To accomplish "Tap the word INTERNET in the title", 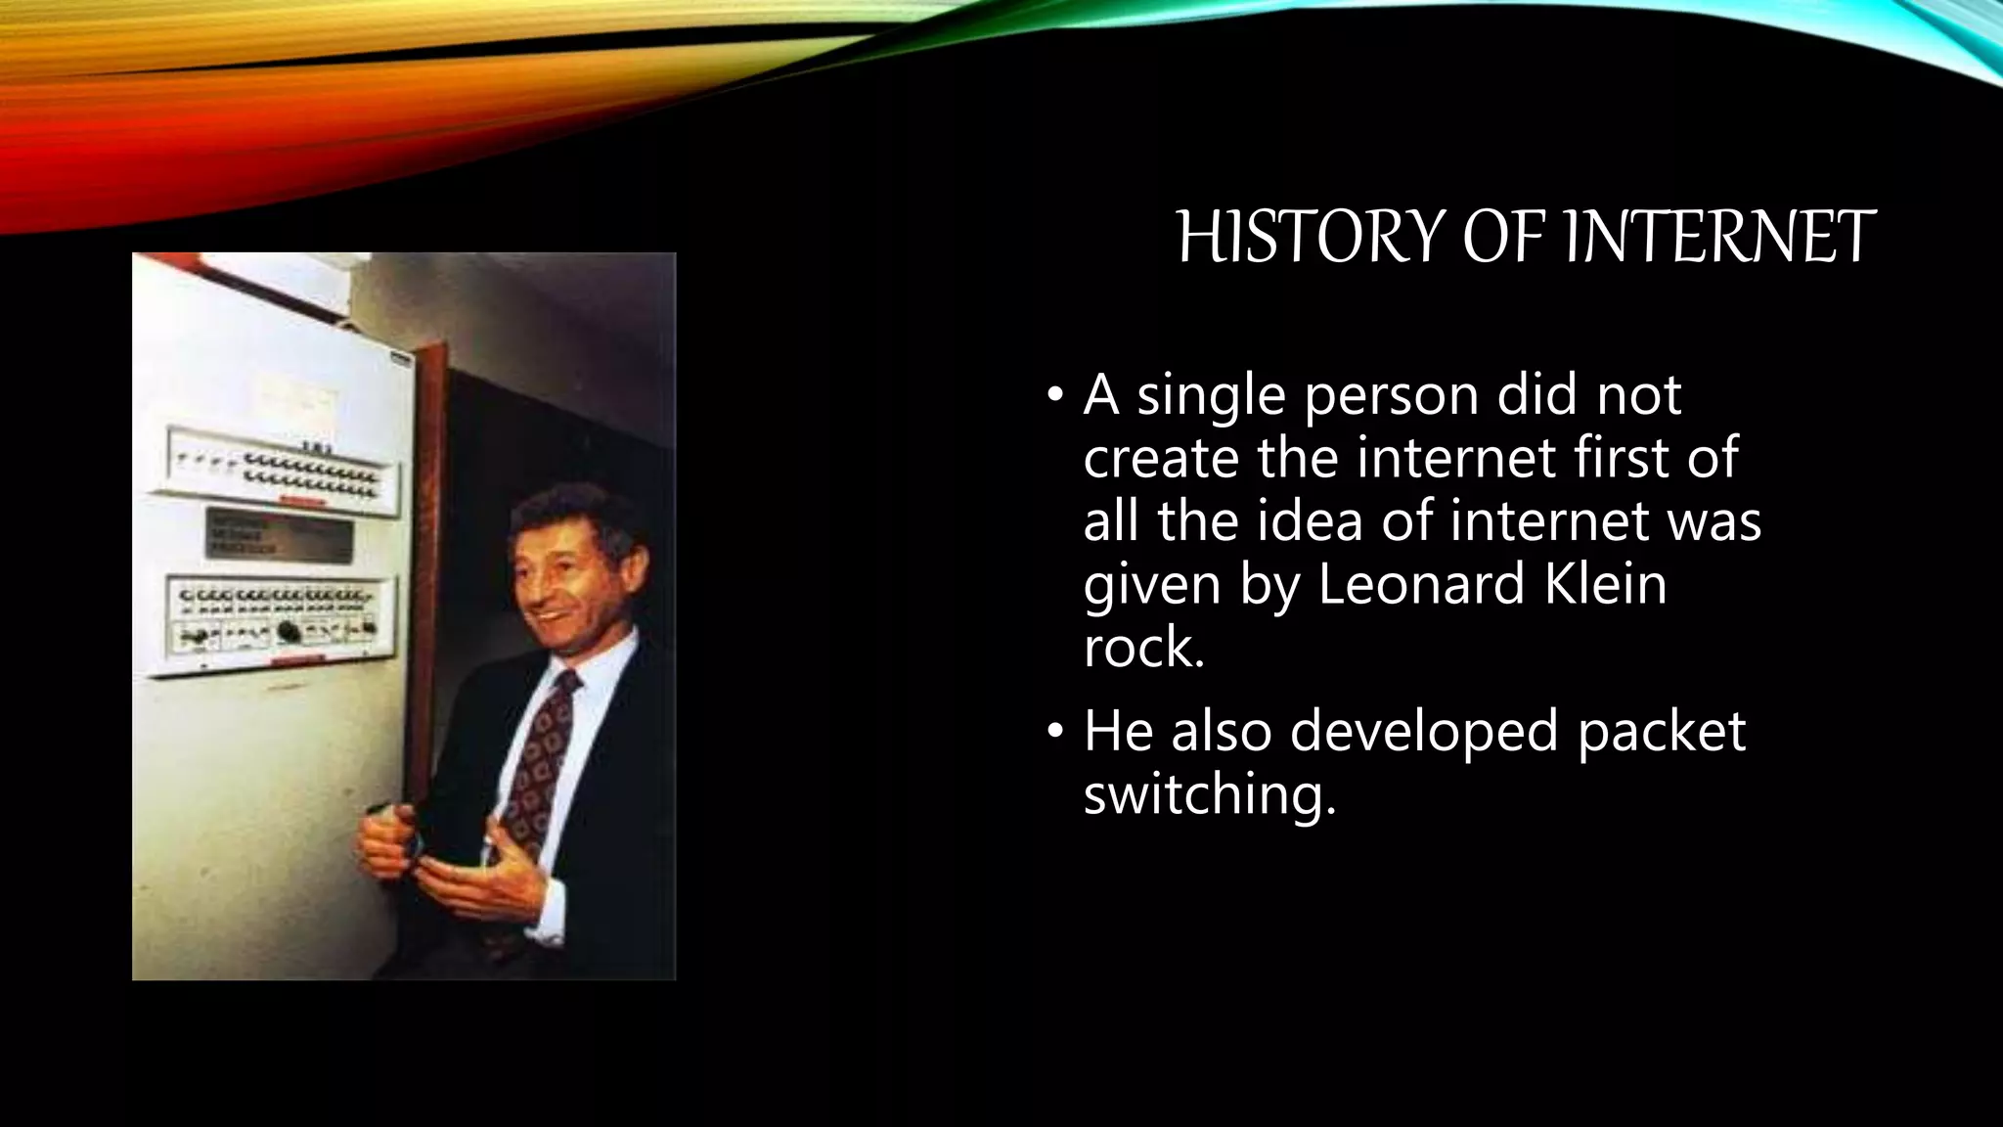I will point(1720,238).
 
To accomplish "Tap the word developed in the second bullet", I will point(1423,731).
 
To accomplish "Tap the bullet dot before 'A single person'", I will point(1053,396).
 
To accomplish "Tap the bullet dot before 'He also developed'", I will point(1053,732).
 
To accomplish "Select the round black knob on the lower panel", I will point(289,631).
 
